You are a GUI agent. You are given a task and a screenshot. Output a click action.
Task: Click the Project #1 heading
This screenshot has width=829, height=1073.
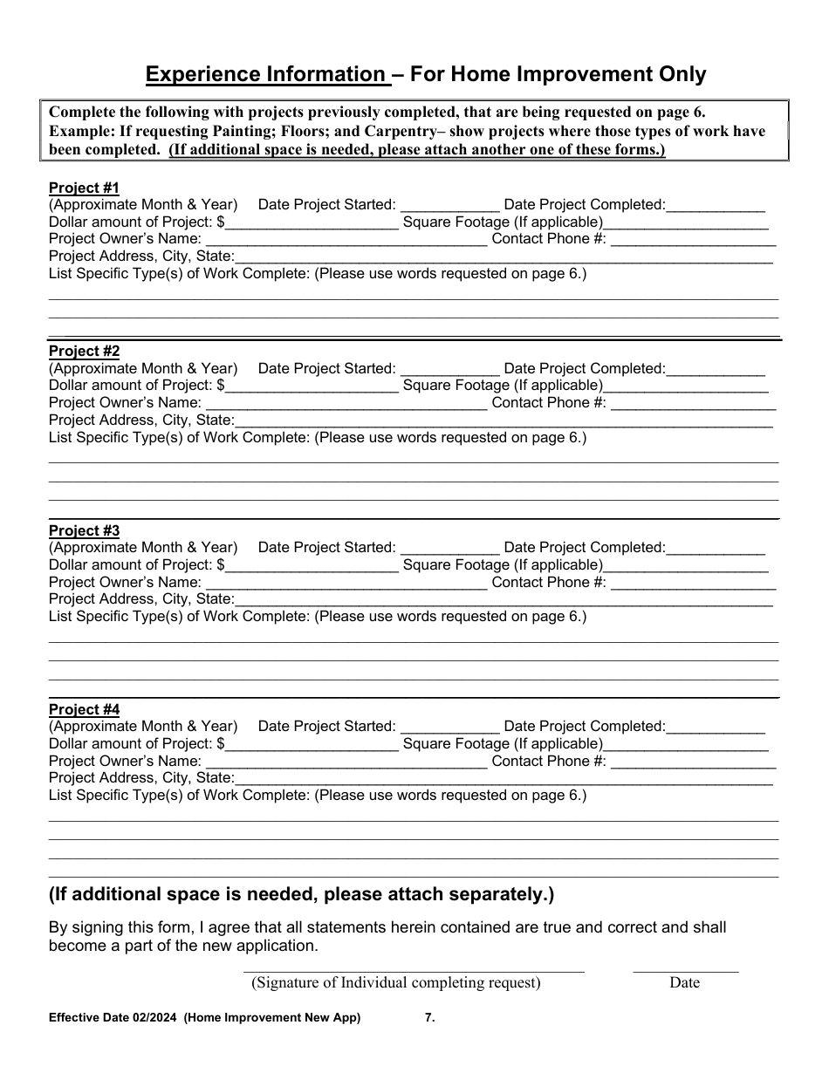(x=84, y=188)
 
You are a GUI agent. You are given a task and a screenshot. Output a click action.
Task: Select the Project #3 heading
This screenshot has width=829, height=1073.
(x=84, y=530)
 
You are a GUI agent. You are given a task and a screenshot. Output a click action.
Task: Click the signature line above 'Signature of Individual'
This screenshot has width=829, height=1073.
(x=413, y=970)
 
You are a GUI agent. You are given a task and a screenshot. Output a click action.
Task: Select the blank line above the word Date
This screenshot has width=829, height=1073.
(x=685, y=970)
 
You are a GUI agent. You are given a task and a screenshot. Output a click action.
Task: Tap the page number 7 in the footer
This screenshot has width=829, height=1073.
(x=428, y=1017)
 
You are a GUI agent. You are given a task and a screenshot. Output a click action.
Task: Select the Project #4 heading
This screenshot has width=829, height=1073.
(x=84, y=709)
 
